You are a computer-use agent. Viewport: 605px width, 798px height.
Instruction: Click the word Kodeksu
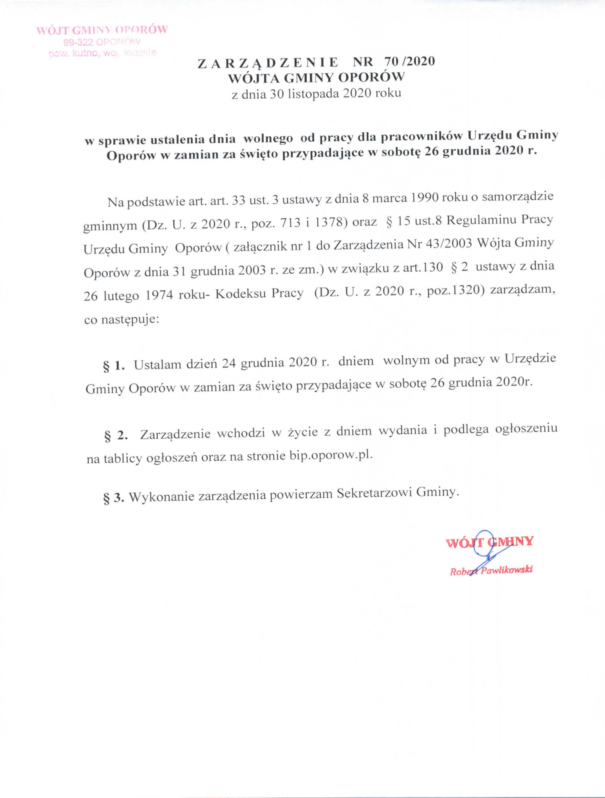click(240, 294)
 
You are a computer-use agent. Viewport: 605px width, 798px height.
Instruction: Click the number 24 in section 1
click(228, 364)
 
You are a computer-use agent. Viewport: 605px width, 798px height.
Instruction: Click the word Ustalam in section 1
click(157, 365)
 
